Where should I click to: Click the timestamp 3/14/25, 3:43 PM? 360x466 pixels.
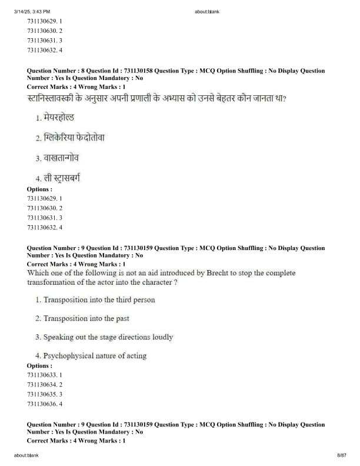coord(32,11)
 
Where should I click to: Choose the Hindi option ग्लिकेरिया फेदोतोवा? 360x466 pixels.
coord(74,138)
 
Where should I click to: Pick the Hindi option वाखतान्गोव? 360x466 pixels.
coord(61,158)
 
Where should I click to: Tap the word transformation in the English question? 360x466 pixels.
coord(52,282)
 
